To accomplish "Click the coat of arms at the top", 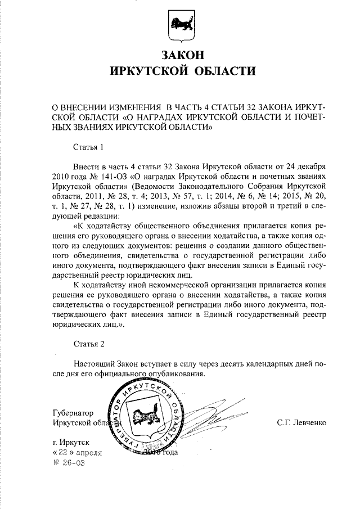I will pos(182,26).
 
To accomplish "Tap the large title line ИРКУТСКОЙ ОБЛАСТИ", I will pos(182,71).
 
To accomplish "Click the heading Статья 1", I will pos(89,148).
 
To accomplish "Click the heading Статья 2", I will pos(89,343).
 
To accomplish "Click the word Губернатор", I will pos(73,412).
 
